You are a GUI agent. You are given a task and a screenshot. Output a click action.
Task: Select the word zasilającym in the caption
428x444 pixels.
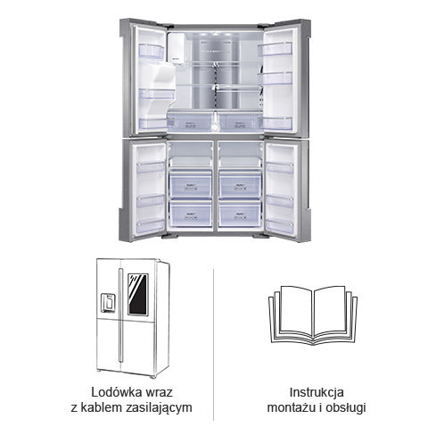click(159, 408)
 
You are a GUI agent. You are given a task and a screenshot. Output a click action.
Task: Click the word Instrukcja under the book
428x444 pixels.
click(317, 392)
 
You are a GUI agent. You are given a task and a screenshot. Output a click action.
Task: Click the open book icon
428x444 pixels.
click(313, 314)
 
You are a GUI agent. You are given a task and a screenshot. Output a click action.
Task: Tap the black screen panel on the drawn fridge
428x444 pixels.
click(138, 295)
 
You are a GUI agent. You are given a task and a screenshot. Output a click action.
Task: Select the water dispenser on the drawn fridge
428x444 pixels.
click(108, 303)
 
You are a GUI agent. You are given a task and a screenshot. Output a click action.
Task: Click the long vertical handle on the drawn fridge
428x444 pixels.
click(120, 315)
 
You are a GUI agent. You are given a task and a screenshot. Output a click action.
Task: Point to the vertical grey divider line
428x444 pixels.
click(213, 344)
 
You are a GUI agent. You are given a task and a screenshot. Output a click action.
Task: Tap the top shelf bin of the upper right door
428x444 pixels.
click(275, 49)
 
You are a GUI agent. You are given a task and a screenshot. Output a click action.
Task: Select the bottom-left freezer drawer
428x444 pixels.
click(191, 214)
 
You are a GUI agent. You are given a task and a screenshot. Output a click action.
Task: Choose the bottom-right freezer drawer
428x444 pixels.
click(240, 214)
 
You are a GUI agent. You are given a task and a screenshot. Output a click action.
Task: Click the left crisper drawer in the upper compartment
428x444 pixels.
click(190, 122)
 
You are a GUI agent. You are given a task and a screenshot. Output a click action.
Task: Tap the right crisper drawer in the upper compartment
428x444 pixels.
click(240, 122)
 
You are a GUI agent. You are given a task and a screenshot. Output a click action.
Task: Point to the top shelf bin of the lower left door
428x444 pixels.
click(151, 167)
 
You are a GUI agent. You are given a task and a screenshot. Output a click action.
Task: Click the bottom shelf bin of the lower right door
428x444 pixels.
click(279, 227)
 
